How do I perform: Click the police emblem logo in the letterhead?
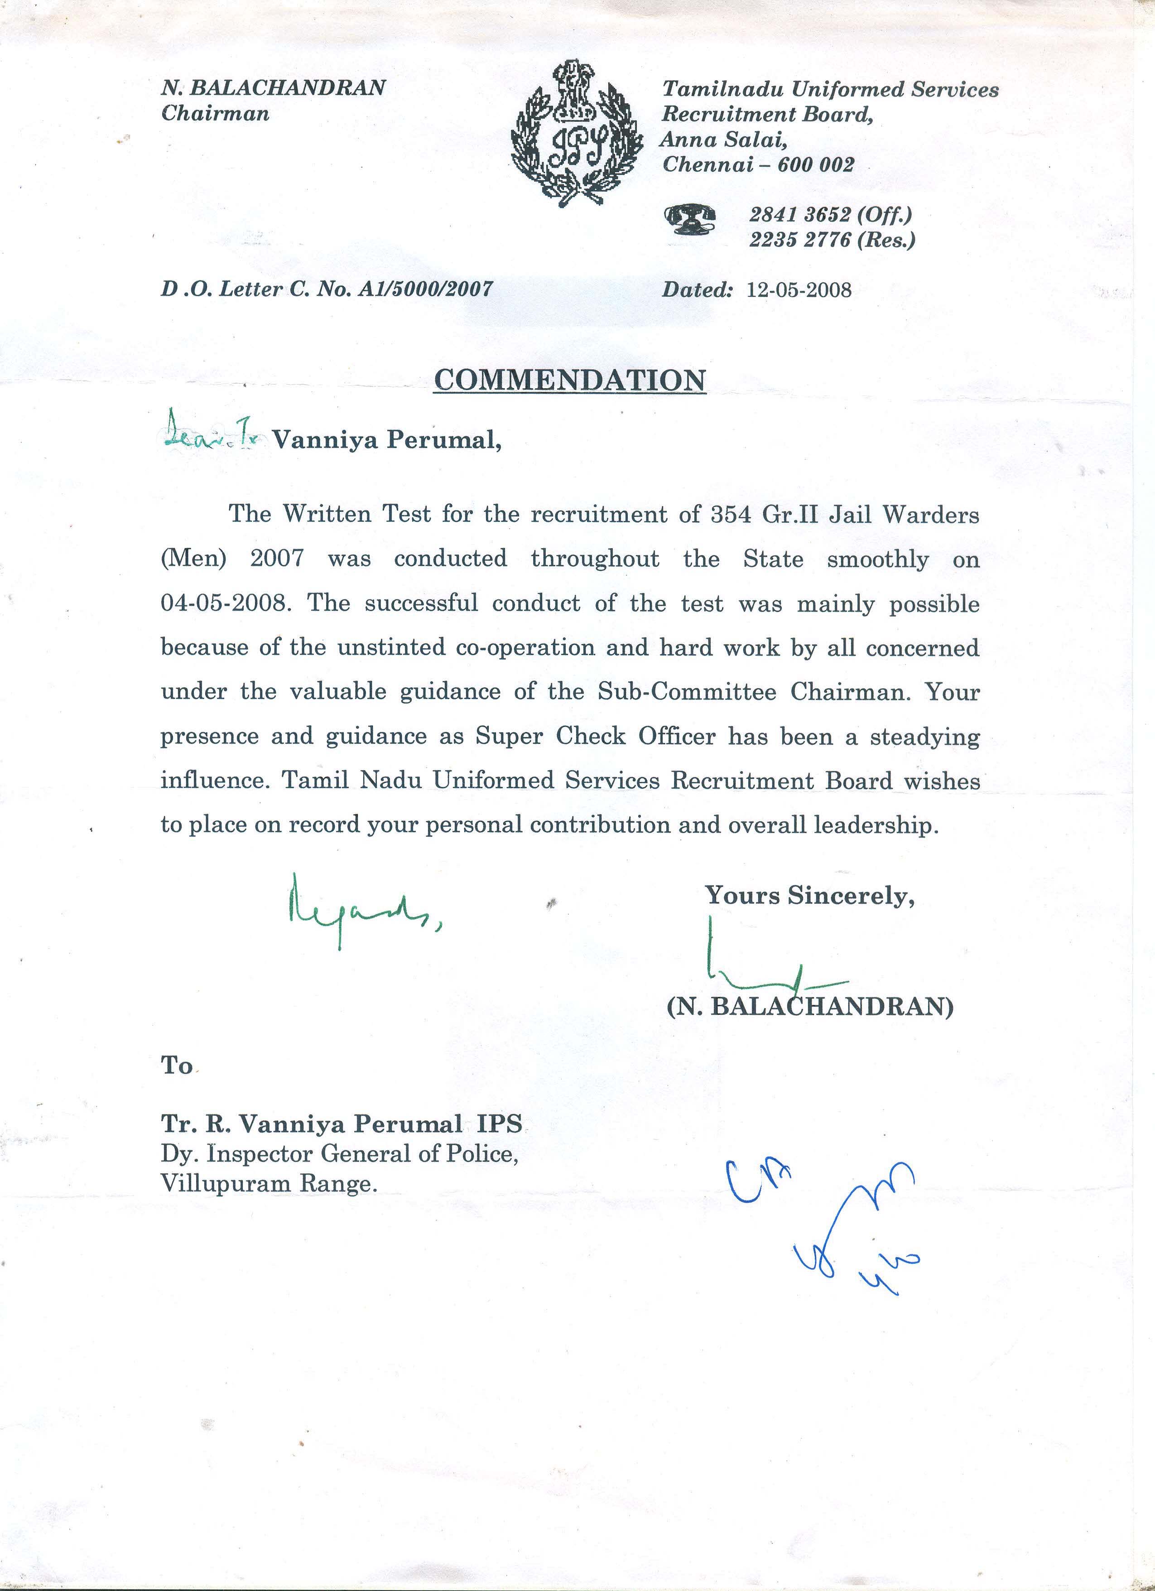(577, 133)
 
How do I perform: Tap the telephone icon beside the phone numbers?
(689, 220)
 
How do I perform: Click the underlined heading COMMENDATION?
(569, 380)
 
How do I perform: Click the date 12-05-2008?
(799, 290)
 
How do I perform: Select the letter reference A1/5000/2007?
(425, 289)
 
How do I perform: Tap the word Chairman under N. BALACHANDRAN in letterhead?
(215, 114)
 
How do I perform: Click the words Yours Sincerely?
(809, 896)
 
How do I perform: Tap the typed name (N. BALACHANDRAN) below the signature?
(809, 1008)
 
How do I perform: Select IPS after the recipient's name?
(499, 1124)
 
